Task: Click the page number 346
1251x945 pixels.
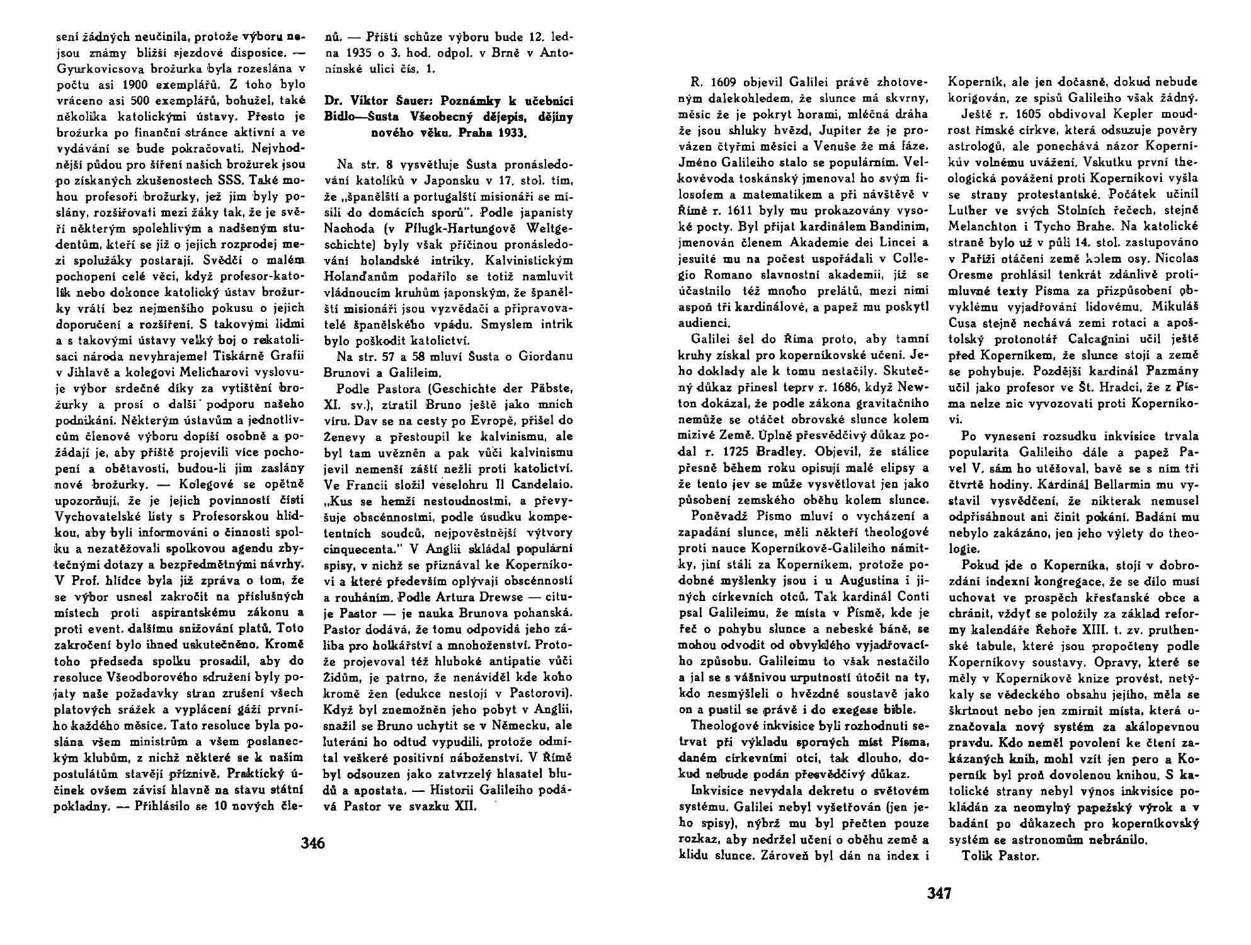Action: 313,842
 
